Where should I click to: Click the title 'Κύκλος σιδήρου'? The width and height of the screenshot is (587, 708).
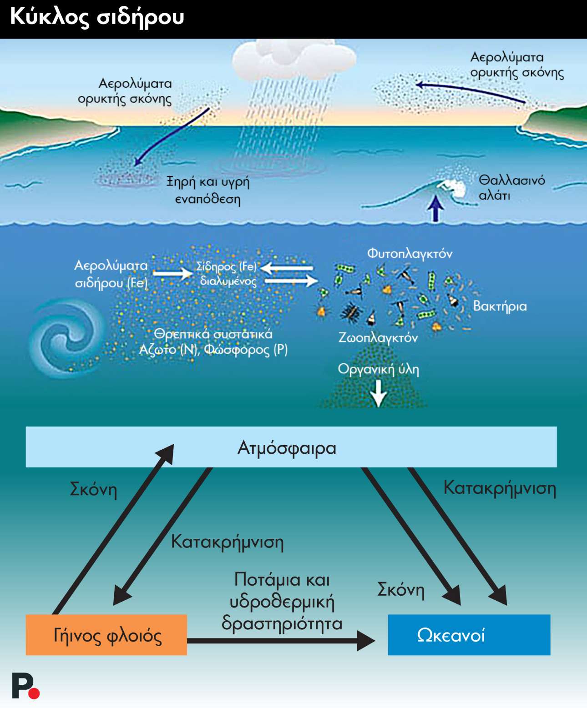coord(97,17)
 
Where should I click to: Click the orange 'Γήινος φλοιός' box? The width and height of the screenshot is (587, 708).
coord(106,635)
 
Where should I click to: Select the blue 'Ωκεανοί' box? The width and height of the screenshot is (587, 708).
coord(469,635)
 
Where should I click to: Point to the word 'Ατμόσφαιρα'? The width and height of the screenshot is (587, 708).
coord(287,448)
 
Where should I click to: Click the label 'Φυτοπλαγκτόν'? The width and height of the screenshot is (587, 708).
coord(410,254)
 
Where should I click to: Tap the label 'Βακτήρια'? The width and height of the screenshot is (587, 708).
coord(500,306)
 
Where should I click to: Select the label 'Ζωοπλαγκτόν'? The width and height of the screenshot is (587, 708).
coord(378,338)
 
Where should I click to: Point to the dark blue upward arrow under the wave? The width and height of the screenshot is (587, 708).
coord(436,208)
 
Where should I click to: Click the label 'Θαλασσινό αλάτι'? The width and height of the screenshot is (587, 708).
coord(511,187)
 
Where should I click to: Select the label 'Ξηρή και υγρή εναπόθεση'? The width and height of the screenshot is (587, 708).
coord(208,190)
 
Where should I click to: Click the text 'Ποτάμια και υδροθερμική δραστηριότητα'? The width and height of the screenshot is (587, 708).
coord(282,601)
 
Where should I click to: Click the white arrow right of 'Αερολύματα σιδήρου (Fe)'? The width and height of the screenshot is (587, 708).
coord(172,273)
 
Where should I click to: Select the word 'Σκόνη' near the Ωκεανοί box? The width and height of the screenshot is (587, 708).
coord(400,590)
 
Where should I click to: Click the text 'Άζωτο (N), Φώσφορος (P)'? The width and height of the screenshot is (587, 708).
coord(213,350)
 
